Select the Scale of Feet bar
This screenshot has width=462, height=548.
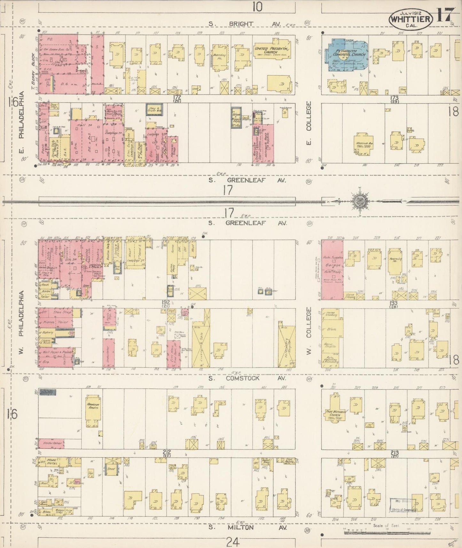click(387, 533)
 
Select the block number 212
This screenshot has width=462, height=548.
click(167, 452)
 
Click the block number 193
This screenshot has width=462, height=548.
click(394, 302)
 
